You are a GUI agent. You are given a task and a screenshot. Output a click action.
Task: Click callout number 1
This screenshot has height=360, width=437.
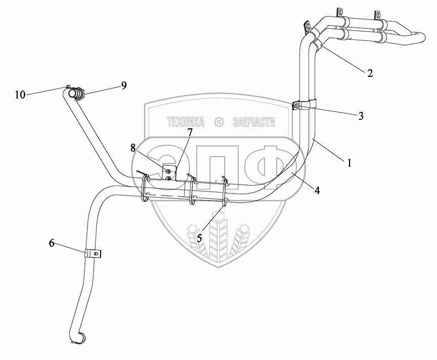(348, 163)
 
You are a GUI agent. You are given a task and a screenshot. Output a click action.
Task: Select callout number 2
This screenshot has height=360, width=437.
(370, 73)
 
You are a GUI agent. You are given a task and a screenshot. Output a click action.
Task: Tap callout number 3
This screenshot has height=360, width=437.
(361, 116)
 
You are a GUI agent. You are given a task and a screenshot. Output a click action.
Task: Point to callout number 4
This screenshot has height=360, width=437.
(317, 190)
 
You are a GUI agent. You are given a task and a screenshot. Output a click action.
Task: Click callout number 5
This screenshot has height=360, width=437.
(199, 238)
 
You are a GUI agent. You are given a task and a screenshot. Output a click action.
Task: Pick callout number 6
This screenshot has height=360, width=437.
(52, 243)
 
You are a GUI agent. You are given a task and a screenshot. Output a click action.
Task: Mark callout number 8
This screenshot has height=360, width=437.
(133, 148)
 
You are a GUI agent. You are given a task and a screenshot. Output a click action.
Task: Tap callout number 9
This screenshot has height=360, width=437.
(123, 86)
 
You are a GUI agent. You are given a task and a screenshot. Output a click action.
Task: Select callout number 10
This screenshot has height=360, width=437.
(20, 94)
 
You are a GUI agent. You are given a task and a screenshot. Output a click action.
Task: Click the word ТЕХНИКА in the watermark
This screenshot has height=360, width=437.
(186, 122)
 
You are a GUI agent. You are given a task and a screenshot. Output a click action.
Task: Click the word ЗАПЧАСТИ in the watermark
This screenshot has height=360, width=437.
(254, 122)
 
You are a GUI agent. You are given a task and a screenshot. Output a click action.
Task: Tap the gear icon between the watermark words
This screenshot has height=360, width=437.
(219, 122)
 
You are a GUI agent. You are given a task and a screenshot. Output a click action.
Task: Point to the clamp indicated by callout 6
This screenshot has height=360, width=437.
(92, 253)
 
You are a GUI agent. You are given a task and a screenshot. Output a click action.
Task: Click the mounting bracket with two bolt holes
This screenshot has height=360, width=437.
(169, 172)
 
